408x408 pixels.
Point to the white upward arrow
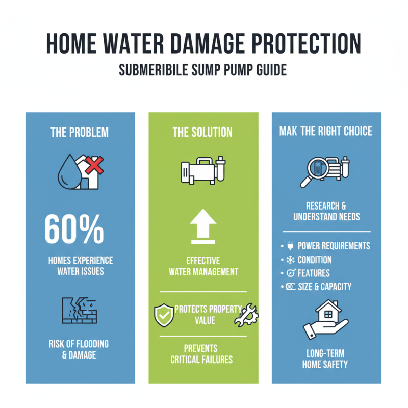click(x=203, y=226)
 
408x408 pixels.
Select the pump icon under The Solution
click(x=203, y=171)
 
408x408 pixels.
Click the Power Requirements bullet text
click(x=334, y=246)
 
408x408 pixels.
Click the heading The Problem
click(x=80, y=132)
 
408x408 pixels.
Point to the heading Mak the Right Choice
click(x=326, y=132)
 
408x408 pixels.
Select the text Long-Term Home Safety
click(x=326, y=359)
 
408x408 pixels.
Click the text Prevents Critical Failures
click(x=202, y=353)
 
